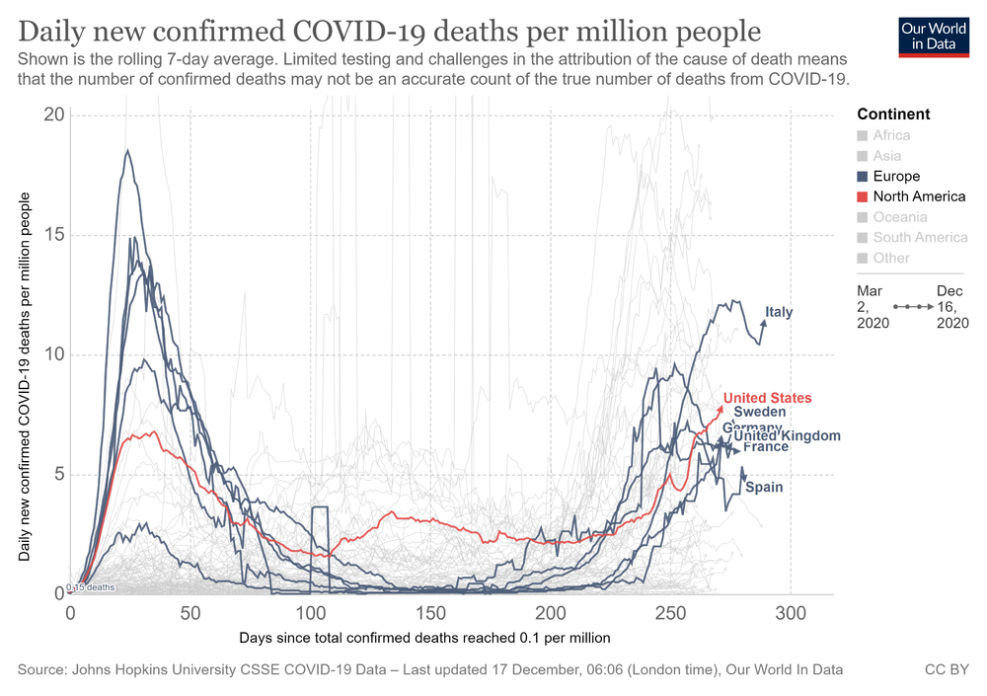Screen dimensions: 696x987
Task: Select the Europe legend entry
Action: (x=895, y=176)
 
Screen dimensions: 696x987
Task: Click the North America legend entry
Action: (x=919, y=196)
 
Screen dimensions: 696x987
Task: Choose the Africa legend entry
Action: (x=891, y=135)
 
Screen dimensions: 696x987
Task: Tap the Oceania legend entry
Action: (x=900, y=217)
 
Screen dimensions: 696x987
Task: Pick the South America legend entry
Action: (x=920, y=237)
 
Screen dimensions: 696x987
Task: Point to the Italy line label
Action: (x=779, y=313)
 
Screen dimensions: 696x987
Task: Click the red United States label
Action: (x=768, y=398)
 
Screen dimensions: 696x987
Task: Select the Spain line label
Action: (x=764, y=487)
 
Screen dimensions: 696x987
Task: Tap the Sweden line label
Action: (x=760, y=412)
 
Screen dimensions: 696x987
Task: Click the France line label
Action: (x=765, y=447)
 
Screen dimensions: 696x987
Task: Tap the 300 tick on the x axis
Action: (x=790, y=612)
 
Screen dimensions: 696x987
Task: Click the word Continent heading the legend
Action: (x=893, y=115)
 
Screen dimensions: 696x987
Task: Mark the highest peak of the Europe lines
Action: (x=127, y=150)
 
